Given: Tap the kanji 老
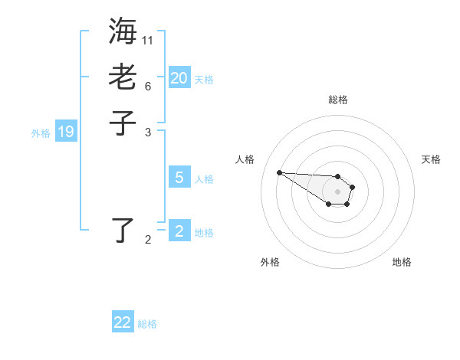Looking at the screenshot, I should click(x=123, y=77).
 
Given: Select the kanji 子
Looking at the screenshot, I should click(x=123, y=123).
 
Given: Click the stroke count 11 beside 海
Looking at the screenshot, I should click(x=148, y=40).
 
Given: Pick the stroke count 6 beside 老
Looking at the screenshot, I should click(x=148, y=86).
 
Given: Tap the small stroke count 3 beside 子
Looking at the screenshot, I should click(x=148, y=132).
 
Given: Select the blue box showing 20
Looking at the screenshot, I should click(x=179, y=78).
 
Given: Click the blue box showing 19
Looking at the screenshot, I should click(x=66, y=132).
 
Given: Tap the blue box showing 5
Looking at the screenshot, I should click(x=179, y=178).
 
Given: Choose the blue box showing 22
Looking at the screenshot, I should click(x=123, y=322).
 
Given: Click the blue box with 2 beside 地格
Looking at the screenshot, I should click(x=179, y=231).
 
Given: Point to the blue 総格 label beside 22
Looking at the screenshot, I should click(x=147, y=324).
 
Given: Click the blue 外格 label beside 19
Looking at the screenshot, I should click(x=41, y=133).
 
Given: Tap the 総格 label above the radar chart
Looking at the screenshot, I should click(x=337, y=100).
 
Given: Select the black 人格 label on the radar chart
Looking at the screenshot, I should click(x=245, y=159).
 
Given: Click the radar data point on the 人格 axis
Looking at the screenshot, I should click(x=280, y=172).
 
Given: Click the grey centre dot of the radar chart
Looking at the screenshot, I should click(x=337, y=191).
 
